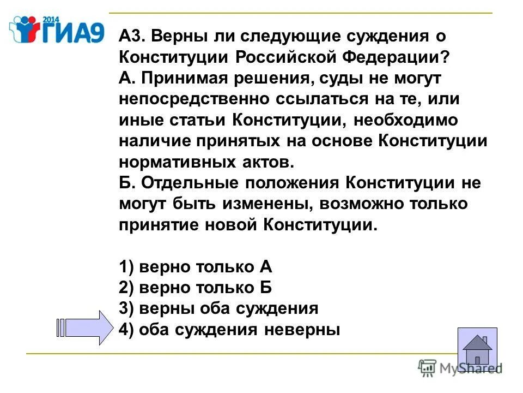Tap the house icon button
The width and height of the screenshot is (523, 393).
pos(477,350)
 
